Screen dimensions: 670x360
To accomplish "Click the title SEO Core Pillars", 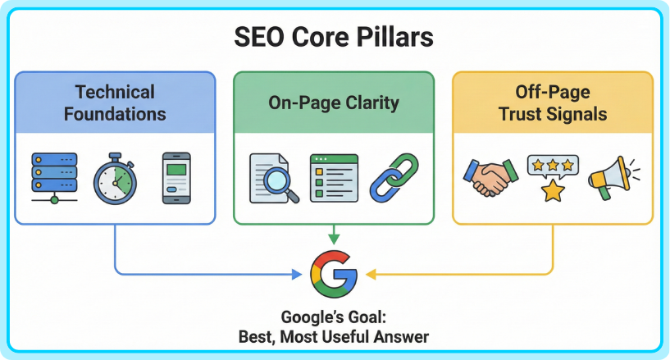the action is (x=334, y=38).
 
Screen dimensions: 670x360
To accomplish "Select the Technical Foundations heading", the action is (x=115, y=102).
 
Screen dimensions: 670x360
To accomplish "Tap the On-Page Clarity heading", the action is (x=334, y=103).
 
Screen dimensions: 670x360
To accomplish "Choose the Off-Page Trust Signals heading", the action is (x=553, y=102).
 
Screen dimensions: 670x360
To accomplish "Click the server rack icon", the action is (x=53, y=176).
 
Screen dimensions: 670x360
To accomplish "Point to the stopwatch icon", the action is (x=114, y=178).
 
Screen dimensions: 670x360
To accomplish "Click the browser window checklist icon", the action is (x=333, y=177).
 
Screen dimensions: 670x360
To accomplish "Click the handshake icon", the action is (x=490, y=177).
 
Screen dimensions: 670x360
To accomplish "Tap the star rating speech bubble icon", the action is (x=552, y=176).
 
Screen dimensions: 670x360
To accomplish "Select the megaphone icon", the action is (x=612, y=177).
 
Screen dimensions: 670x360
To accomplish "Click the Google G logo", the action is (x=334, y=274).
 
